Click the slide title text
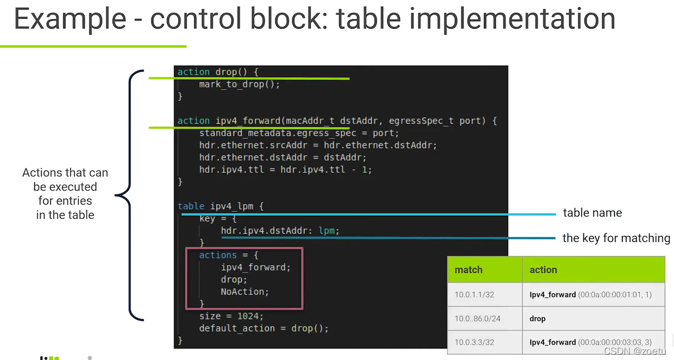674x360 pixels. click(x=314, y=19)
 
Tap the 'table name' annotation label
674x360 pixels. click(x=592, y=213)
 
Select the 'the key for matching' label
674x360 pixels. click(x=616, y=238)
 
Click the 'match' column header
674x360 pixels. click(x=469, y=269)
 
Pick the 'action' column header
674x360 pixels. click(x=543, y=269)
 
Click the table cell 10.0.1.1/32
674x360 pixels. click(x=474, y=295)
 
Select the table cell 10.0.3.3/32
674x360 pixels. click(x=474, y=342)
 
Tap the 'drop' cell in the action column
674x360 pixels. click(x=538, y=318)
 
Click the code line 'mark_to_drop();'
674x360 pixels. click(x=239, y=84)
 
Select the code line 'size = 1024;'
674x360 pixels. click(x=231, y=316)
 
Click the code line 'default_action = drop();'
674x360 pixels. click(x=263, y=328)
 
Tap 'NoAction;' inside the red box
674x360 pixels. click(x=244, y=292)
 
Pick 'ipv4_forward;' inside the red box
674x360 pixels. click(x=255, y=267)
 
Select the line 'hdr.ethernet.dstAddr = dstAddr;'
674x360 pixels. click(x=282, y=157)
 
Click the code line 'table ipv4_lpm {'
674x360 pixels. click(x=220, y=206)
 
